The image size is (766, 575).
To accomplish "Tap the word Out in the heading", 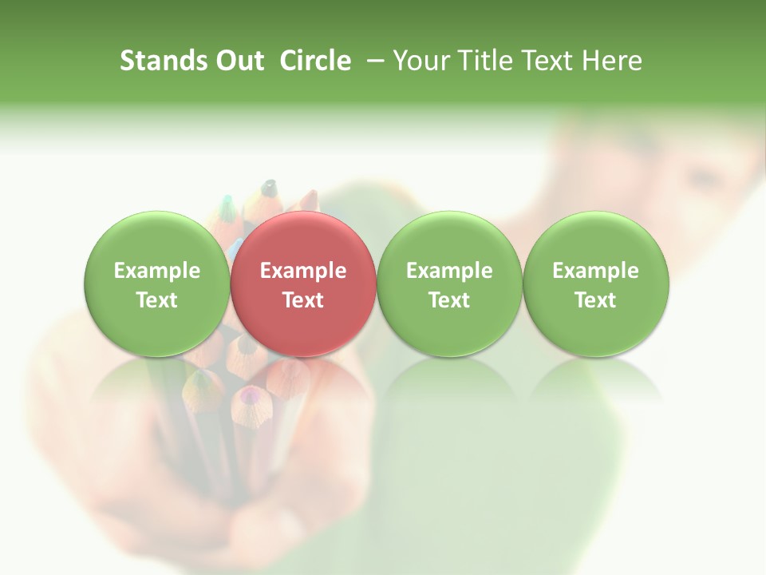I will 237,61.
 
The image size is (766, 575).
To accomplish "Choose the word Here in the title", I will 613,61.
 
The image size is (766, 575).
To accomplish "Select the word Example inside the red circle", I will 303,271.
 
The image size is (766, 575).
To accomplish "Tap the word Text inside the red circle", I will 303,300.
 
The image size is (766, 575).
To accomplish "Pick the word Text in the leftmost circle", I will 157,300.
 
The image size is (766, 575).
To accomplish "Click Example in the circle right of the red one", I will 449,271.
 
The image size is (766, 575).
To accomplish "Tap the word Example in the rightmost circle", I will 596,271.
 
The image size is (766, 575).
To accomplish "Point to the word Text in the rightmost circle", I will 596,300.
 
